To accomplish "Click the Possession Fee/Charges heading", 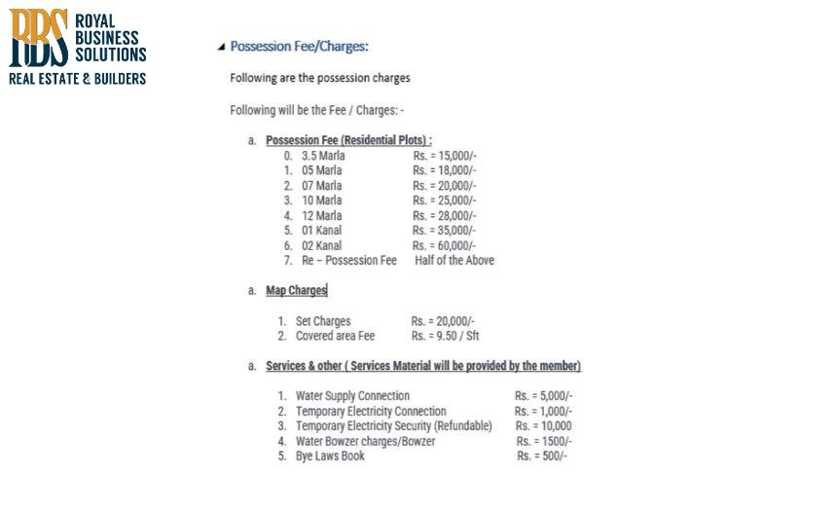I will tap(299, 46).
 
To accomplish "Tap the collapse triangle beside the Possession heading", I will tap(221, 47).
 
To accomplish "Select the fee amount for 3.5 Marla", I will tap(444, 156).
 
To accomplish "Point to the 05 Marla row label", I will tap(321, 170).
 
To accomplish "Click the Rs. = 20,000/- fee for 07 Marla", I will tap(444, 186).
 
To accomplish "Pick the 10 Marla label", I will tap(321, 201).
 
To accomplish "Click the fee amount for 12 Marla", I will tap(444, 215).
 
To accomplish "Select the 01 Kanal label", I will tap(321, 231).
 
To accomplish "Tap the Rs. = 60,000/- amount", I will tap(444, 245).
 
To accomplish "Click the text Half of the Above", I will tap(454, 260).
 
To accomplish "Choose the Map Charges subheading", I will tap(296, 290).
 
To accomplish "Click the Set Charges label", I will tap(323, 321).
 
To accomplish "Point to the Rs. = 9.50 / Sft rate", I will tap(445, 336).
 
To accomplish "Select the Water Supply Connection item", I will tap(352, 396).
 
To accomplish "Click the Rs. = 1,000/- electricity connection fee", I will tap(543, 412).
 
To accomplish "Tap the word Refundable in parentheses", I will tap(463, 426).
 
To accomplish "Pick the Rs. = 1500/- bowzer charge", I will tap(542, 441).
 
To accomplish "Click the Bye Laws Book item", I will tap(330, 456).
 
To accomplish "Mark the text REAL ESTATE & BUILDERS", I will tap(77, 78).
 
